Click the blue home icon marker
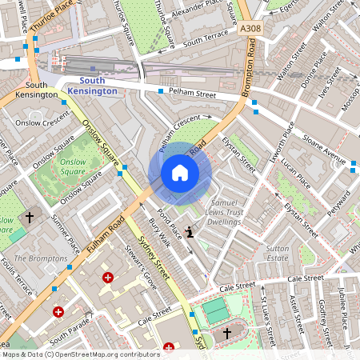coord(180,173)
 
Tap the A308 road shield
coord(250,28)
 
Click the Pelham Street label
coord(193,94)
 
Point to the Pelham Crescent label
coord(179,132)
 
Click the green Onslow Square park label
coord(72,166)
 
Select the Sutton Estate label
coord(277,254)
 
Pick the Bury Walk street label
coord(160,231)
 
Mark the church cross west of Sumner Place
coord(30,217)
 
